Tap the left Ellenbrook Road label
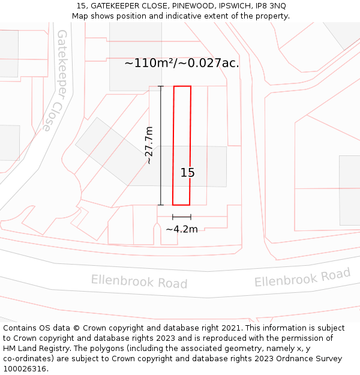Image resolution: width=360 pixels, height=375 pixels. coord(139,281)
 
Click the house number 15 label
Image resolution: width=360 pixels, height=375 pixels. coord(188,173)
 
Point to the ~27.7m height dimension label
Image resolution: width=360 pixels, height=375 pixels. coord(149,145)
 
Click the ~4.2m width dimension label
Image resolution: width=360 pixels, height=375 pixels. coord(182,229)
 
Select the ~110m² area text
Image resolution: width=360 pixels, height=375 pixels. coord(151,62)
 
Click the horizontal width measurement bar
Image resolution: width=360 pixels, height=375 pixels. coord(182,217)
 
